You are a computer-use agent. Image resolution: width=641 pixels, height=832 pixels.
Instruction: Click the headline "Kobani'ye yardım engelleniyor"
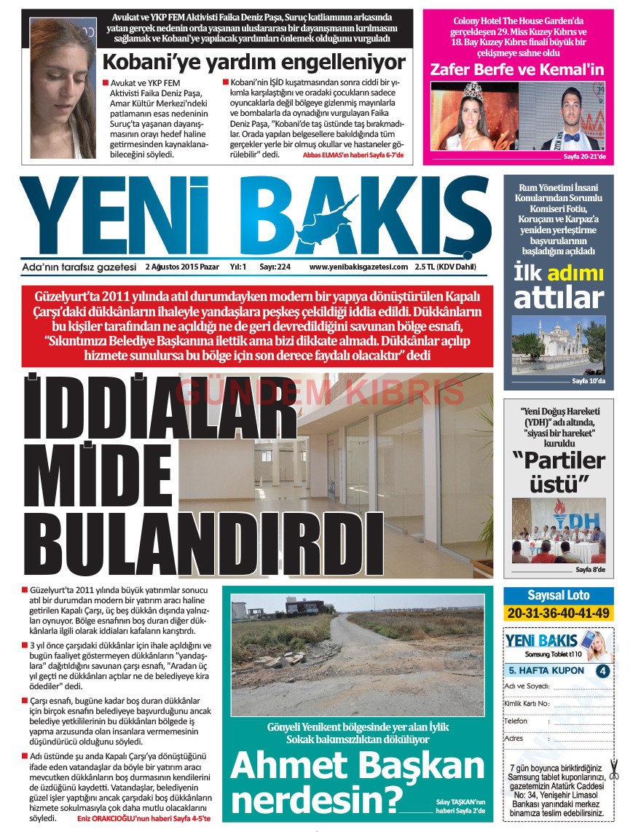pyautogui.click(x=253, y=61)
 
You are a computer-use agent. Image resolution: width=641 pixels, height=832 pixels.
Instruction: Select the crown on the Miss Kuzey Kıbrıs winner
pyautogui.click(x=474, y=90)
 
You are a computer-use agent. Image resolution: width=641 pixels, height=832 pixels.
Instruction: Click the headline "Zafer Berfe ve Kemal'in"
pyautogui.click(x=517, y=70)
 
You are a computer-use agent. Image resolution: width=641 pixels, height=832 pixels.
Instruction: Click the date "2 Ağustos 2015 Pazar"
pyautogui.click(x=182, y=267)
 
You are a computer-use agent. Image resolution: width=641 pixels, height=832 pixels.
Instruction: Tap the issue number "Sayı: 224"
pyautogui.click(x=275, y=267)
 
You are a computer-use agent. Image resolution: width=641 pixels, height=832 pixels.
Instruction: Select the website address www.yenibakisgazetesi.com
pyautogui.click(x=358, y=267)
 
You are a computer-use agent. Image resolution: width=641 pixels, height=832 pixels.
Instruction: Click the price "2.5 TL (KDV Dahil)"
pyautogui.click(x=445, y=267)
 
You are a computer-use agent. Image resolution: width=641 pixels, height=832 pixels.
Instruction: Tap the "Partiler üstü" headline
pyautogui.click(x=558, y=471)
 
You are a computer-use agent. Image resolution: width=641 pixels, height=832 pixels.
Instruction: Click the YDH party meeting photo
pyautogui.click(x=558, y=530)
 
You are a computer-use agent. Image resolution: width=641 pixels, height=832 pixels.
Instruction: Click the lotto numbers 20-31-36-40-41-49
pyautogui.click(x=558, y=613)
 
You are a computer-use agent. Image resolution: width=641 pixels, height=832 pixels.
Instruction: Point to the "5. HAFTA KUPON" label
pyautogui.click(x=546, y=670)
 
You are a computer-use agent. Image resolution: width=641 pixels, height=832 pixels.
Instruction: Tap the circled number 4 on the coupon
pyautogui.click(x=602, y=670)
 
